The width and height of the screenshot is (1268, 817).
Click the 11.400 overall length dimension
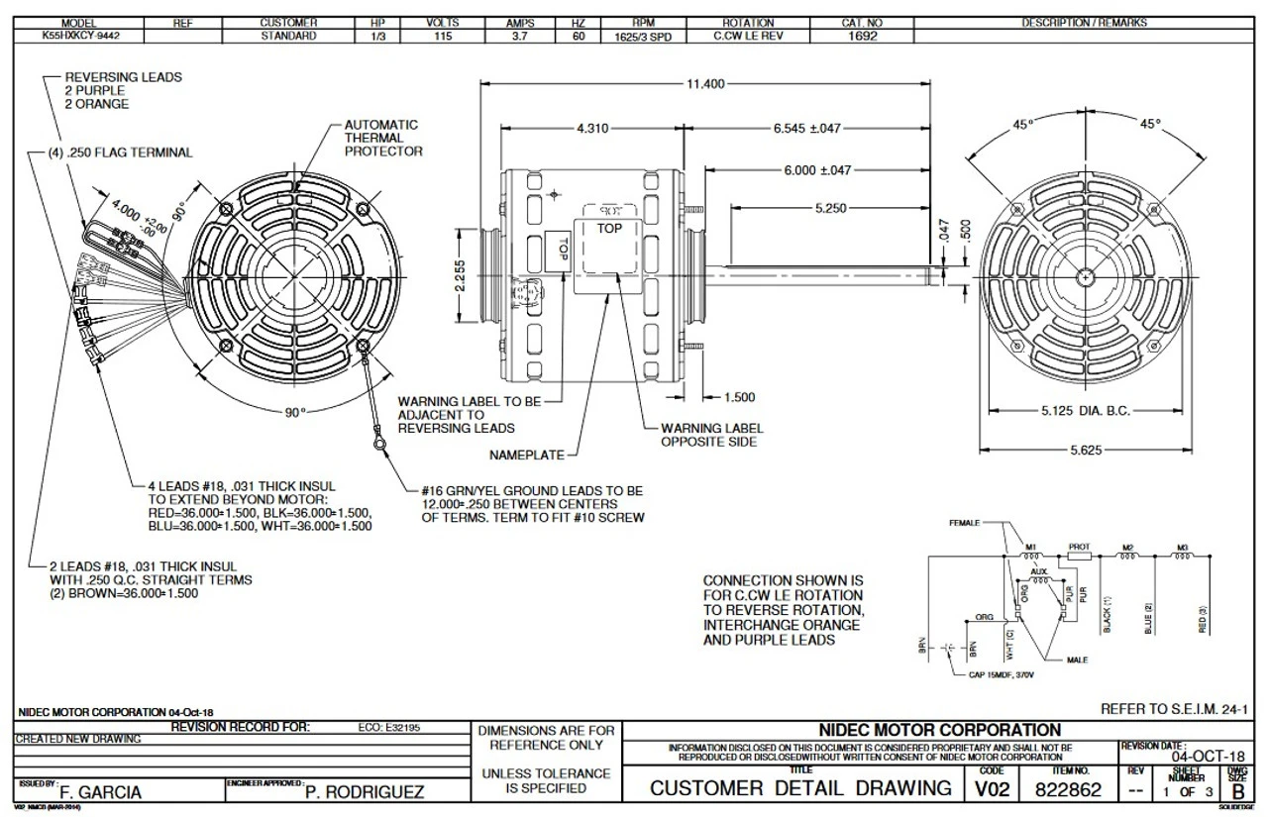tap(704, 84)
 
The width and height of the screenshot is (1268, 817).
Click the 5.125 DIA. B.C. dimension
tap(1086, 411)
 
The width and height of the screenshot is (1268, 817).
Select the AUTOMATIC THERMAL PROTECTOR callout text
tap(382, 139)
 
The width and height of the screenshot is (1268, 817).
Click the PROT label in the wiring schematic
tap(1079, 547)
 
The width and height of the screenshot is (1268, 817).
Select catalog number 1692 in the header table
tap(860, 36)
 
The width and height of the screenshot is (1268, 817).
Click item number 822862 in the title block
tap(1069, 790)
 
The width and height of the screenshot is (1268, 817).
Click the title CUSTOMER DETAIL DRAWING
tap(799, 789)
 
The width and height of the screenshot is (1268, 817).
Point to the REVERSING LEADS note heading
tap(123, 76)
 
